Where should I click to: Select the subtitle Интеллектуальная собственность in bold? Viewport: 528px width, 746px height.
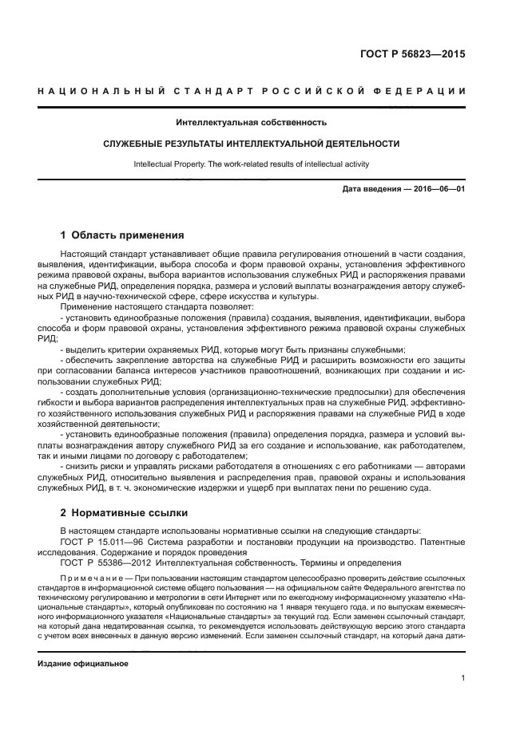(252, 123)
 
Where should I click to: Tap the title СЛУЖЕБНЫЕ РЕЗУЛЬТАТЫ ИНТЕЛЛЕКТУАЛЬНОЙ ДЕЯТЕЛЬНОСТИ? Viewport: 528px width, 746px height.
(252, 144)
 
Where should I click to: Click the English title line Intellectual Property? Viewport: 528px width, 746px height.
(251, 164)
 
